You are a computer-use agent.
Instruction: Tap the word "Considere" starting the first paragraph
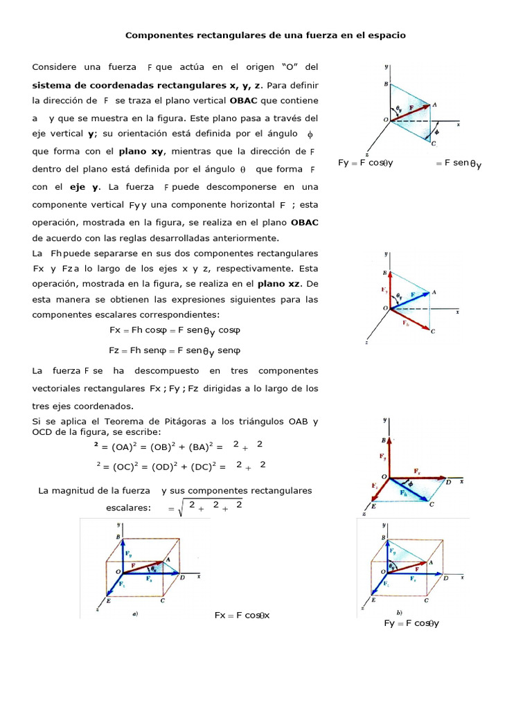(54, 67)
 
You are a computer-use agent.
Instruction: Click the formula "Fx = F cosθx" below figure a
(242, 616)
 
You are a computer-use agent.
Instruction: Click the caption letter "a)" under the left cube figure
(135, 613)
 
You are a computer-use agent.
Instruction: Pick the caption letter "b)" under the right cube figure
(399, 612)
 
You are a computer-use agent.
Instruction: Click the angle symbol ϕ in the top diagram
(436, 129)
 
